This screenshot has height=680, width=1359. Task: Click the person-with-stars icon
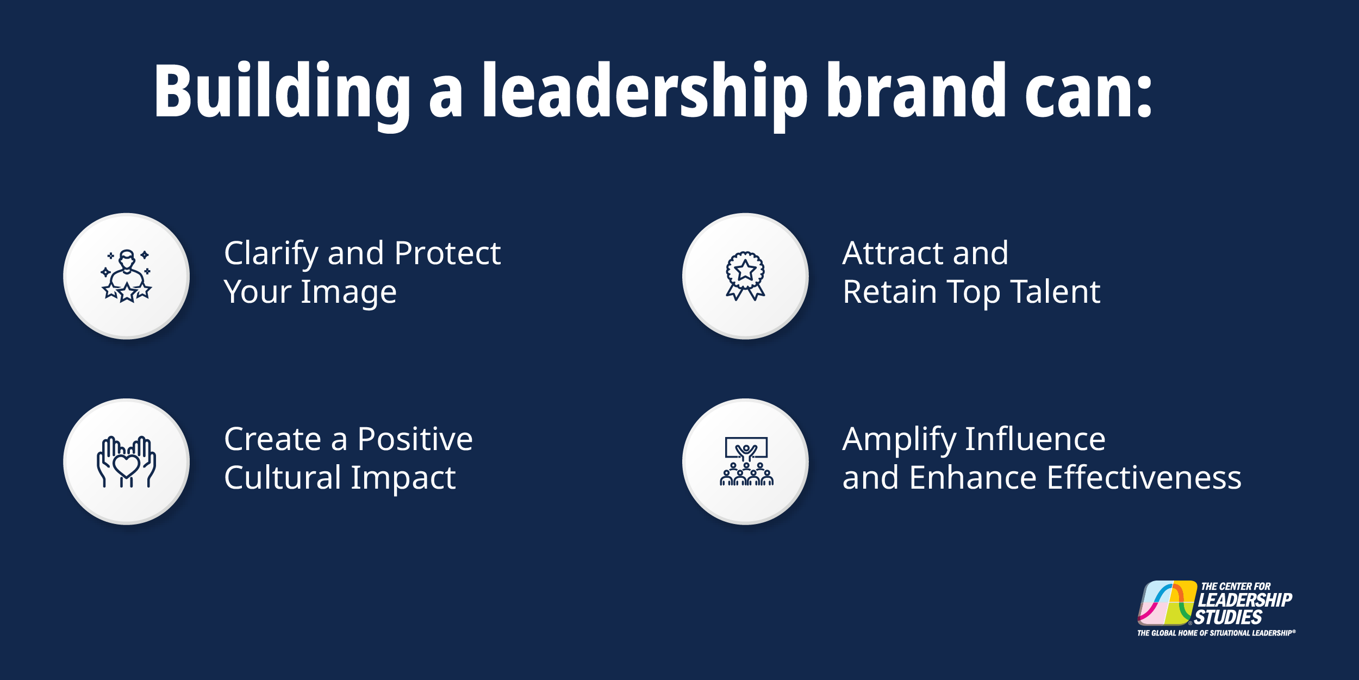coord(127,276)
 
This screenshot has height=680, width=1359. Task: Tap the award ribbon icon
coord(745,276)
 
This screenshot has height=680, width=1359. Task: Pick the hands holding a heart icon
coord(127,461)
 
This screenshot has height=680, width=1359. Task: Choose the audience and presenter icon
coord(746,461)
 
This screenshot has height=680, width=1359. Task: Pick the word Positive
coord(415,439)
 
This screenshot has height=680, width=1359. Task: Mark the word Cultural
coord(283,478)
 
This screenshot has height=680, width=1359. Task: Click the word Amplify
coord(899,440)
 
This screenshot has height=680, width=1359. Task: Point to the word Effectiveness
coord(1144,478)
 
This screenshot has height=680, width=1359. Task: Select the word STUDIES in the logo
coord(1228,617)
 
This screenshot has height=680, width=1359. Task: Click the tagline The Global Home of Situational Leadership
coord(1216,633)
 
